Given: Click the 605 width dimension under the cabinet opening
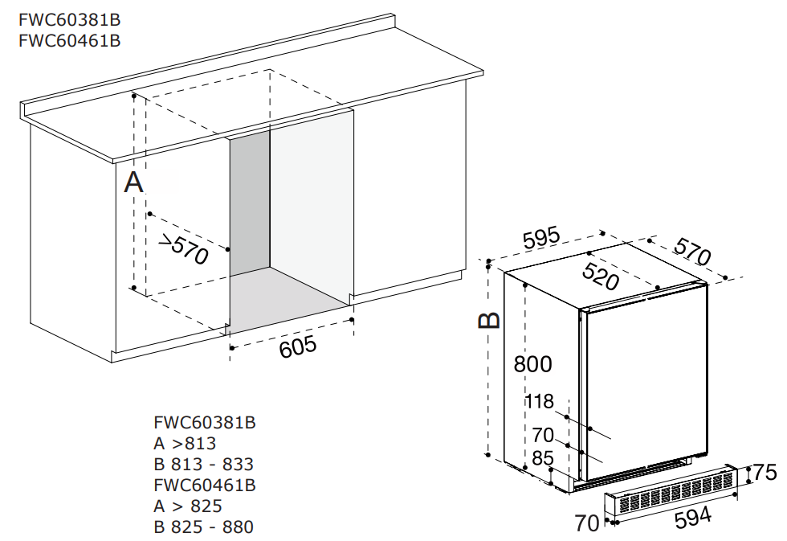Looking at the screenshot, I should point(298,347).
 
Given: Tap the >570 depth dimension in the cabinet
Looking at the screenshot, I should point(184,249).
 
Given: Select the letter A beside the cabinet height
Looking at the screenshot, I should point(134,182).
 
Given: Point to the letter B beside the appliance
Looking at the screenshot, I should point(489,320).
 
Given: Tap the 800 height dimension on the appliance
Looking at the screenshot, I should point(533,364).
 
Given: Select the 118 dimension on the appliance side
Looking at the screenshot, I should point(540,402).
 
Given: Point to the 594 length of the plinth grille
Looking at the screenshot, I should point(692,518).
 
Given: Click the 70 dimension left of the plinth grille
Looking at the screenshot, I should point(587,523).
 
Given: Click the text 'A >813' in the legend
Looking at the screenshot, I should point(185,443).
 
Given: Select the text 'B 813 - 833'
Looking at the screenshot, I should point(203,464).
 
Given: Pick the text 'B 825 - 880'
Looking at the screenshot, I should point(203,527).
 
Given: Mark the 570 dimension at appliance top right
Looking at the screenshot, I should point(692,252).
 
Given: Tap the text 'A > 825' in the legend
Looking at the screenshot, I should point(188,506).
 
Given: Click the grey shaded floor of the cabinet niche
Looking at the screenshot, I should point(289,301).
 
